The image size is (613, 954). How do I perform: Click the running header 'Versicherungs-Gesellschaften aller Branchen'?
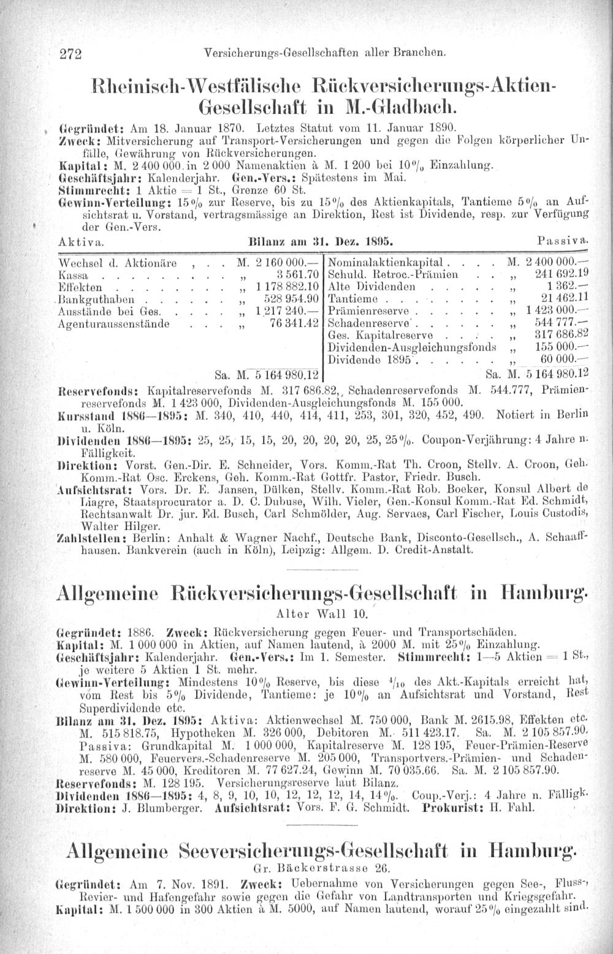tap(326, 53)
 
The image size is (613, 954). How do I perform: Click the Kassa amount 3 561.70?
tap(294, 274)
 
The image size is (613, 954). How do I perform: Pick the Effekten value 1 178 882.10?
tap(286, 286)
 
